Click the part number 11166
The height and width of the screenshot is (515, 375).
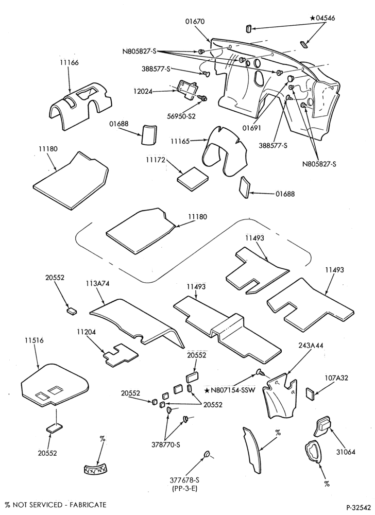coord(69,62)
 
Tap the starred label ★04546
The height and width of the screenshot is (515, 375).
coord(322,18)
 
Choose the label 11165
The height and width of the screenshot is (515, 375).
coord(180,141)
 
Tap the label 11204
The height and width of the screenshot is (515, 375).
coord(87,332)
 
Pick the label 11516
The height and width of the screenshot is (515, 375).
coord(33,340)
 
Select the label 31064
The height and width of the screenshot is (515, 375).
coord(346,452)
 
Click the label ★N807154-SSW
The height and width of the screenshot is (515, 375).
coord(230,390)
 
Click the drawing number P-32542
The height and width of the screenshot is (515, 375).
coord(359,506)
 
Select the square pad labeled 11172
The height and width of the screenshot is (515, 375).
coord(193,178)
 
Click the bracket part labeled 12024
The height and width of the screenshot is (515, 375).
coord(188,89)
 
